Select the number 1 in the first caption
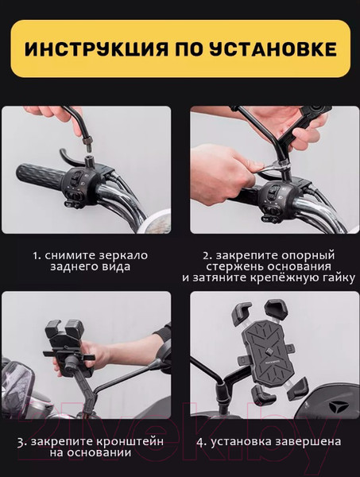click(36, 257)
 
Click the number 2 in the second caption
click(206, 256)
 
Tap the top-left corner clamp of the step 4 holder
click(241, 313)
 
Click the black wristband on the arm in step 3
click(163, 335)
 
